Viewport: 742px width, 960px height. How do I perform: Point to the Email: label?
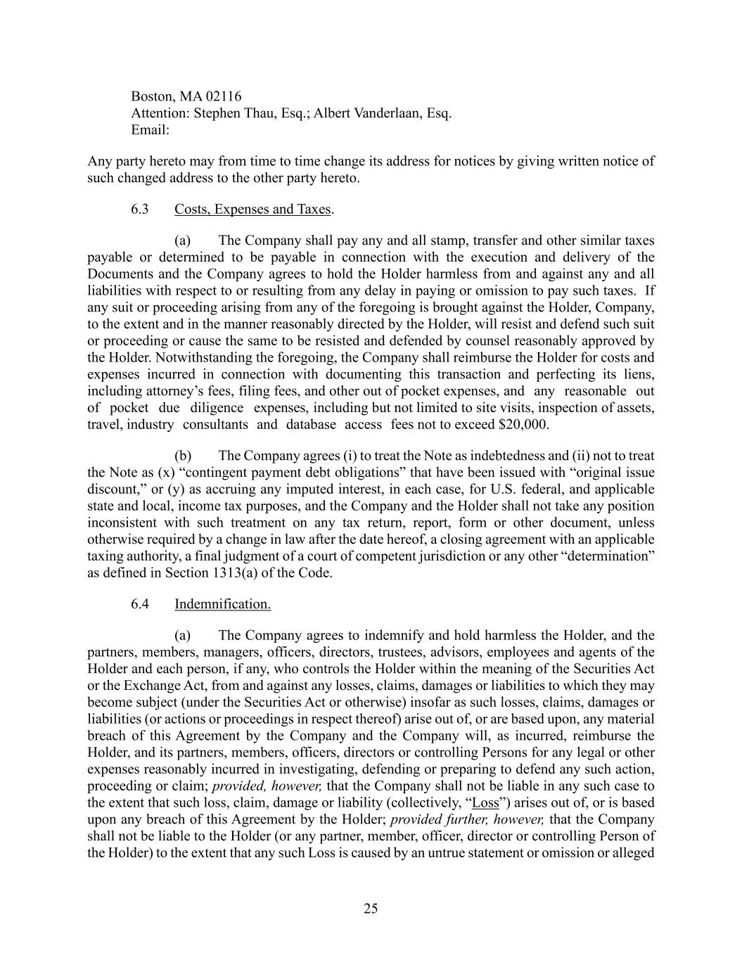click(x=151, y=130)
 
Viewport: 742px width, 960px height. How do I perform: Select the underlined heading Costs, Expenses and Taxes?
click(x=252, y=209)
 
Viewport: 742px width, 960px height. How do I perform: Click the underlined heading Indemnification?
click(x=222, y=604)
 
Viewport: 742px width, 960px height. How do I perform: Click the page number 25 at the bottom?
click(x=371, y=909)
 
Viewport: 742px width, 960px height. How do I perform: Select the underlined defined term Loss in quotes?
click(x=485, y=803)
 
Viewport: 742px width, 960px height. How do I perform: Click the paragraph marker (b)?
click(x=183, y=456)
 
